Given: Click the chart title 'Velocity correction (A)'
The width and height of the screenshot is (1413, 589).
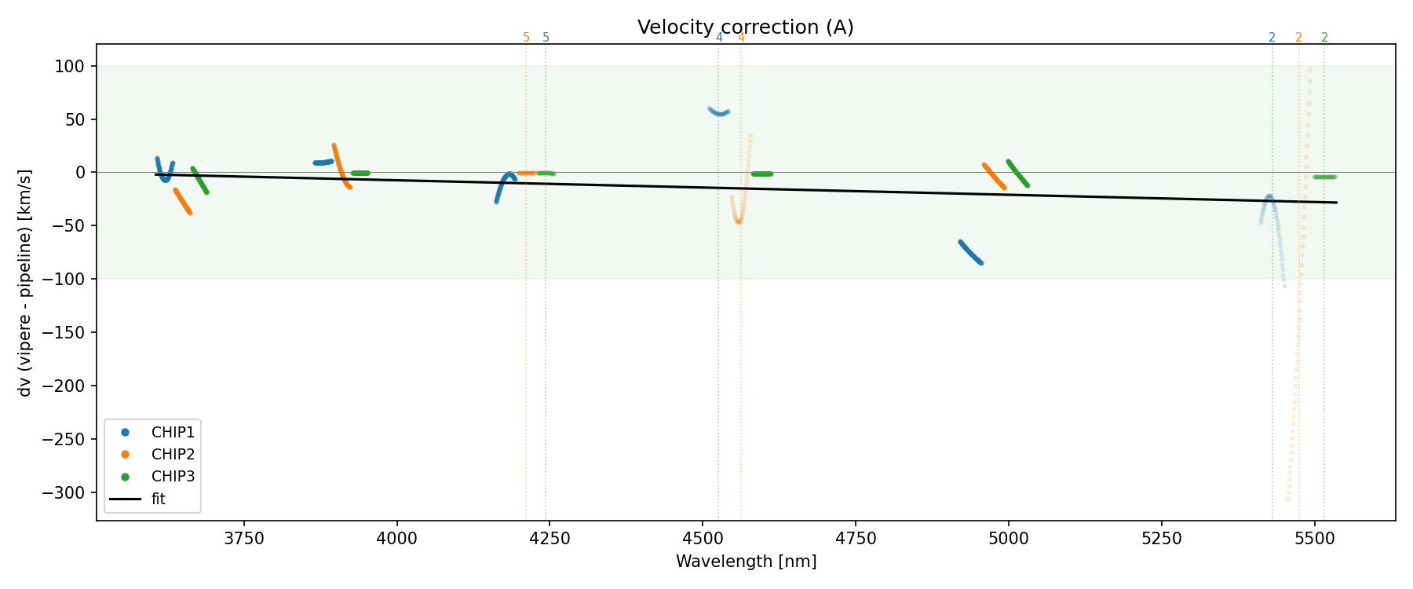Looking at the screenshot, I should click(745, 27).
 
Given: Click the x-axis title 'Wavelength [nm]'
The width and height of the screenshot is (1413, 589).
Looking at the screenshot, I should click(746, 562).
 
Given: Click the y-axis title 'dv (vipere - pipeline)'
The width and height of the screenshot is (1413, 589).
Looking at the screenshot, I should click(25, 283).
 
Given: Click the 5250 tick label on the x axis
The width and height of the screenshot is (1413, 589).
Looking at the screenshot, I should click(1161, 538).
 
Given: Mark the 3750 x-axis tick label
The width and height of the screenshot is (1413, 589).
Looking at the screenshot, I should click(244, 538).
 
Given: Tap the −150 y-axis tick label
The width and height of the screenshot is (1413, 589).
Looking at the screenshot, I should click(68, 332).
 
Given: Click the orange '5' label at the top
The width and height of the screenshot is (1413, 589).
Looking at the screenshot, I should click(526, 38).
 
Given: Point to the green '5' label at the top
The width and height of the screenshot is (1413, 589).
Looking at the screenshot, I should click(546, 38).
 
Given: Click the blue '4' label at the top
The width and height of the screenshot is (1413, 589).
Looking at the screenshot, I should click(719, 38).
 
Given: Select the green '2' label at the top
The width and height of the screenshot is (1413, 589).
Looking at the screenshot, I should click(1324, 38).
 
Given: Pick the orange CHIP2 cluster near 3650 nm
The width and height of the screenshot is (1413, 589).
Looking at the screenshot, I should click(183, 201).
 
